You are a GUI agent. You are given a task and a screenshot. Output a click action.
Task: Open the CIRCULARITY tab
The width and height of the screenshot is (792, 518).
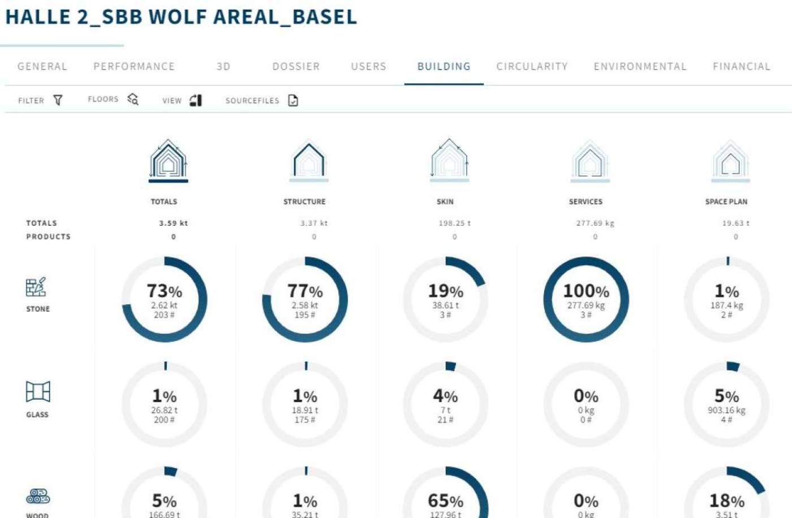point(532,67)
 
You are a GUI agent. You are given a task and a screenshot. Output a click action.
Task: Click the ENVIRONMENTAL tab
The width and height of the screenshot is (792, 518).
point(640,67)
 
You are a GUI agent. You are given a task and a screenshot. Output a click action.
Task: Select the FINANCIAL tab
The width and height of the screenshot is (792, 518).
point(741,67)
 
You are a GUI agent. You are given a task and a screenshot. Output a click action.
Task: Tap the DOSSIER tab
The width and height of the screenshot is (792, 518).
point(296,67)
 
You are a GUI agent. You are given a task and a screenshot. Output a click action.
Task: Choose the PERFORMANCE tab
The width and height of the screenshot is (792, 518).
point(134,67)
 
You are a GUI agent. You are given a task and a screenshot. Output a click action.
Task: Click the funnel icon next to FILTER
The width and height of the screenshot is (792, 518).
point(58,100)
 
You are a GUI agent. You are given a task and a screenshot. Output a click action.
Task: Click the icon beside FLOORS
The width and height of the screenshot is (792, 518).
point(133,100)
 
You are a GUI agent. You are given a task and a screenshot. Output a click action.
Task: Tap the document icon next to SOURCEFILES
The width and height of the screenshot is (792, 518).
point(293,100)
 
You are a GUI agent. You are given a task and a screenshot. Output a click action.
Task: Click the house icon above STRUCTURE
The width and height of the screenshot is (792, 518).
point(308,161)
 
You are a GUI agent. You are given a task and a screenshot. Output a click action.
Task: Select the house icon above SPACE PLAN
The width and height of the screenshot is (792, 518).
point(730,161)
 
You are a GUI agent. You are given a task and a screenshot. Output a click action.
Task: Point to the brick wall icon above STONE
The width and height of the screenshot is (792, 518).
point(36,287)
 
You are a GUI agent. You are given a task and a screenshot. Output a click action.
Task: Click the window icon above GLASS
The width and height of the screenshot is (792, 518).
point(38,391)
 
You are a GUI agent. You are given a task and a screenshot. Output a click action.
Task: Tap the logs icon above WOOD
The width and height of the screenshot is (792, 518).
point(38,497)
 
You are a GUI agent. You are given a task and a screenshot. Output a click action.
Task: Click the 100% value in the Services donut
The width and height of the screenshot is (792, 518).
point(586,291)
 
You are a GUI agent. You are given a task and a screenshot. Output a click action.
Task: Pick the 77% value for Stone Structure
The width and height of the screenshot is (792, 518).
point(305,291)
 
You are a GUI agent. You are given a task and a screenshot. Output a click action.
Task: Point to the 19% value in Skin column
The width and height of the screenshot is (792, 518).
point(445,291)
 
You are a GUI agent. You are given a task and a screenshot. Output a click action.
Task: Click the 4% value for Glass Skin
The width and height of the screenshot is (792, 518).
point(445,396)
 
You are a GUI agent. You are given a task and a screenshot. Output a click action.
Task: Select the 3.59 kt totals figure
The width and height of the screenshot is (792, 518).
point(173,223)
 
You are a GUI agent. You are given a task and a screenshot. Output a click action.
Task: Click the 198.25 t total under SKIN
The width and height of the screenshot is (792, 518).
point(454,223)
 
